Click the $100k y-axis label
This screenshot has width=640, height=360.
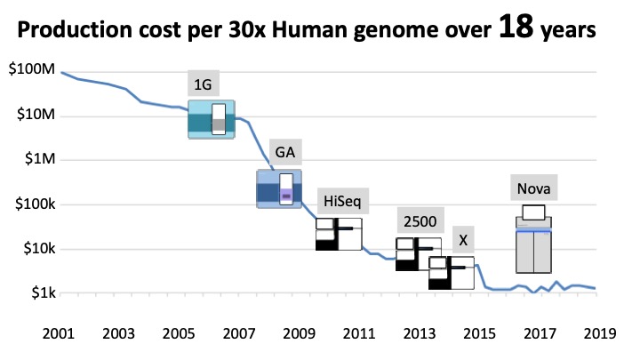tap(36, 204)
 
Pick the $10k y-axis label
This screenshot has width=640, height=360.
tap(38, 248)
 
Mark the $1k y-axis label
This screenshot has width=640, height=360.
tap(41, 292)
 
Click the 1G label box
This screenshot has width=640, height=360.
tap(203, 85)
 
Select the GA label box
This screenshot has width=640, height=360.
tap(284, 152)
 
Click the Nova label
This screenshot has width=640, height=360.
tap(534, 189)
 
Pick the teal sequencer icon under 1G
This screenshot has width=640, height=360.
tap(211, 119)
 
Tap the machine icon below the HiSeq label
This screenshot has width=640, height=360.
tap(339, 234)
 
